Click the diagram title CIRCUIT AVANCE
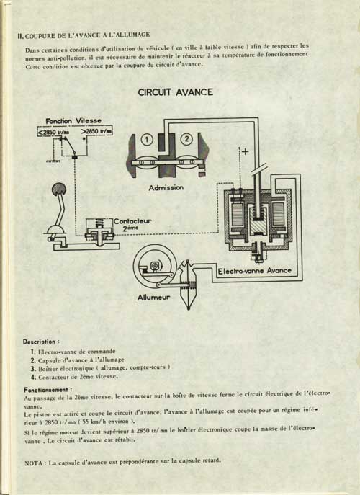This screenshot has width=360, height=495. pos(176,92)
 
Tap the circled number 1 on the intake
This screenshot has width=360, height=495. pos(147,139)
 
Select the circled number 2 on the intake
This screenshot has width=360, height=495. pos(186,138)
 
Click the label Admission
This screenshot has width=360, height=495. pos(166,187)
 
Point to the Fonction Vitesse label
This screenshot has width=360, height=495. pos(73,121)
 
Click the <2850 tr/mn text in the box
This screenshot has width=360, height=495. pos(53,133)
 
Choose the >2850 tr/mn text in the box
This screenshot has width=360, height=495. pos(96,131)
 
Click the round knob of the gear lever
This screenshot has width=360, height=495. pos(59,189)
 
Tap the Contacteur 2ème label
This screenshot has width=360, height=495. pos(132,224)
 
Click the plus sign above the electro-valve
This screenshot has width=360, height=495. pos(245,151)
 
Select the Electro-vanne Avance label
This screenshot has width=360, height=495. pos(255,271)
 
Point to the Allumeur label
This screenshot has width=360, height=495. pos(153,297)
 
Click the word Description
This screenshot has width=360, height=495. pos(39,342)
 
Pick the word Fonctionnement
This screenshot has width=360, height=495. pos(46,390)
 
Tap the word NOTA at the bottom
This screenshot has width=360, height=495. pos(33,463)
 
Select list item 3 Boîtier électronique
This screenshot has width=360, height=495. pos(101,368)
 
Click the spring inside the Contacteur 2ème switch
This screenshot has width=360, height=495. pos(99,223)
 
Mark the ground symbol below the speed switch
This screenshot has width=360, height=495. pos(53,161)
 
